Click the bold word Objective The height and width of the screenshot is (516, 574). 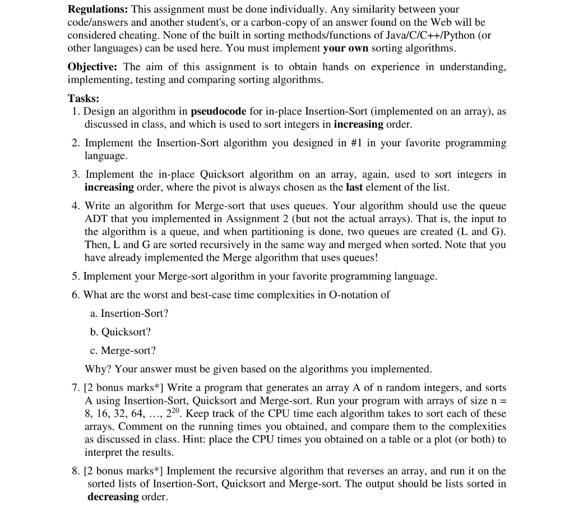tap(93, 67)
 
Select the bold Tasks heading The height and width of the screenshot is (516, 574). tap(84, 98)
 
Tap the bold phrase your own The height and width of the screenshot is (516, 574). tap(346, 48)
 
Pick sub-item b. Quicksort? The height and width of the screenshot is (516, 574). tap(120, 331)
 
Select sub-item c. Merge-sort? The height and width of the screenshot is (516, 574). tap(123, 350)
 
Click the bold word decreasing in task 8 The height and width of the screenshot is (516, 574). tap(113, 496)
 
